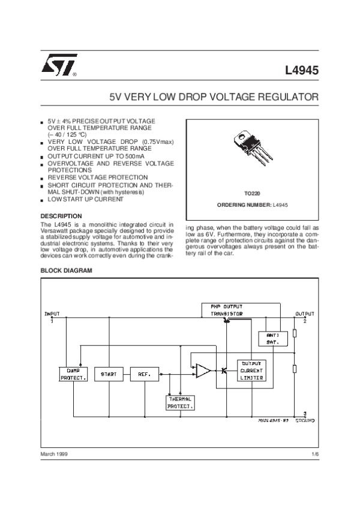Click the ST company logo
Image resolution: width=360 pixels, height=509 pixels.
pos(56,69)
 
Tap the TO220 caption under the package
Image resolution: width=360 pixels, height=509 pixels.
pos(252,194)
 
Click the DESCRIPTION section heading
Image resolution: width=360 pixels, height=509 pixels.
pos(61,216)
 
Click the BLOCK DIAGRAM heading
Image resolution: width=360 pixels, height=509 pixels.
pos(66,270)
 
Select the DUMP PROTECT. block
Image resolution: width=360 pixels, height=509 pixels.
pos(74,374)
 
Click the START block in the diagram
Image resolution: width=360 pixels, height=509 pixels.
pos(109,374)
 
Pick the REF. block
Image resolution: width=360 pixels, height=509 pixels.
pos(145,374)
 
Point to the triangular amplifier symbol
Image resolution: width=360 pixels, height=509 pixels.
pos(203,371)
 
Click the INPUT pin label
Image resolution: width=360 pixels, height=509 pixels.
pos(52,314)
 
